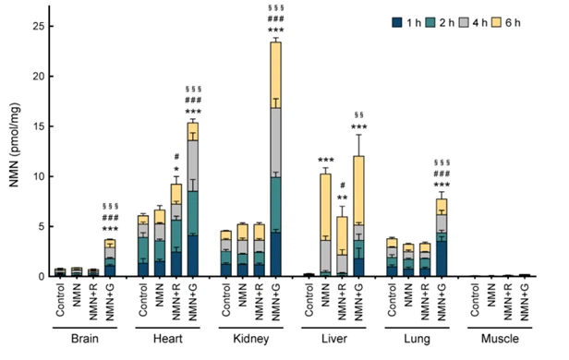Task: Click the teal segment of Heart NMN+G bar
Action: pyautogui.click(x=193, y=213)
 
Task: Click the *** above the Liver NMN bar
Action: pyautogui.click(x=325, y=161)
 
